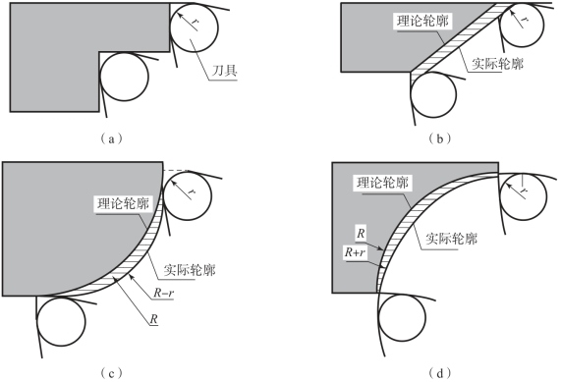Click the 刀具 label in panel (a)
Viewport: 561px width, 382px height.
click(x=225, y=71)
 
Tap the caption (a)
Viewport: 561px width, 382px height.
click(x=112, y=138)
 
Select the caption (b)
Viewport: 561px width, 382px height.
click(x=440, y=138)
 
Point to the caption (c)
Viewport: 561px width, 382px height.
click(x=112, y=374)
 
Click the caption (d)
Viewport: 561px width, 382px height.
click(x=440, y=374)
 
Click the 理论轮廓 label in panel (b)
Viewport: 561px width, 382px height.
click(x=422, y=22)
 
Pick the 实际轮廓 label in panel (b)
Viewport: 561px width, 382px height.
click(x=497, y=64)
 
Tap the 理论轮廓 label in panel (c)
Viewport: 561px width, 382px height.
click(x=124, y=204)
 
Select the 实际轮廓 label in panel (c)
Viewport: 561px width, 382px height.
click(x=190, y=270)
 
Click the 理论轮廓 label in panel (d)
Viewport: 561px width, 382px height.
click(x=382, y=183)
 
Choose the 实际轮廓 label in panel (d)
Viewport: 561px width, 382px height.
click(x=452, y=238)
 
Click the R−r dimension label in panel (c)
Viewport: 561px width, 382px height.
click(x=163, y=293)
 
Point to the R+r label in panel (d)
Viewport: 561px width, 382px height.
click(x=355, y=252)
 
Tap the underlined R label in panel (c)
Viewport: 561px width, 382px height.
click(x=153, y=319)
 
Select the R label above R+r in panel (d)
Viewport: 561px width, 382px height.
click(x=361, y=234)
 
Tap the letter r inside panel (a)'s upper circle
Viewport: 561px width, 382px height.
click(x=195, y=22)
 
